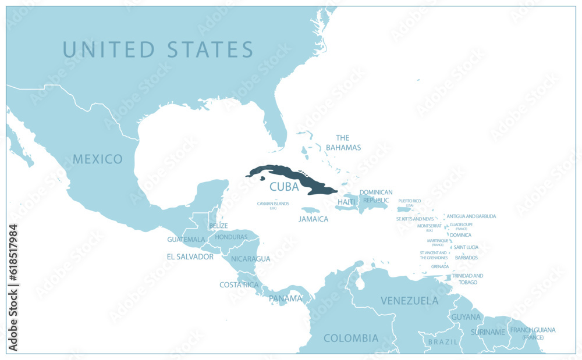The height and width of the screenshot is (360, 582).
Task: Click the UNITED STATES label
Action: pos(158,49)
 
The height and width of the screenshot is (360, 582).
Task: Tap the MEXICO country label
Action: pos(98,159)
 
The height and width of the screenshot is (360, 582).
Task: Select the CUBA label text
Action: pos(284,187)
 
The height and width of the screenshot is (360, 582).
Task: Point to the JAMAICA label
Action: pos(313,219)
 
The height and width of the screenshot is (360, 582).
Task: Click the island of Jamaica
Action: pos(310,210)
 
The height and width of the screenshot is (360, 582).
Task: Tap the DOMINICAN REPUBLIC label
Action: pos(376,195)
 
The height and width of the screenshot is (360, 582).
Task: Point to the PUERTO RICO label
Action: pos(409,201)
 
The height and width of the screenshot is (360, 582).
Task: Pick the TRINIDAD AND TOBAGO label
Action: pos(467,279)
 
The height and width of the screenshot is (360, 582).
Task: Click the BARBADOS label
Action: pos(466,257)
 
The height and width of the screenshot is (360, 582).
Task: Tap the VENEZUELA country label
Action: pos(409,301)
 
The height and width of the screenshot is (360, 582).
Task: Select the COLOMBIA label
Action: pos(351,338)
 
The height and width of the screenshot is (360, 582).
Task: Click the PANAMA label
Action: pos(285,298)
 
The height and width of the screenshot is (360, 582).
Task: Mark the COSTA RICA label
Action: pos(239,284)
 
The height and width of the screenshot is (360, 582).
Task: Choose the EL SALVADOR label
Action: pos(190,256)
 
